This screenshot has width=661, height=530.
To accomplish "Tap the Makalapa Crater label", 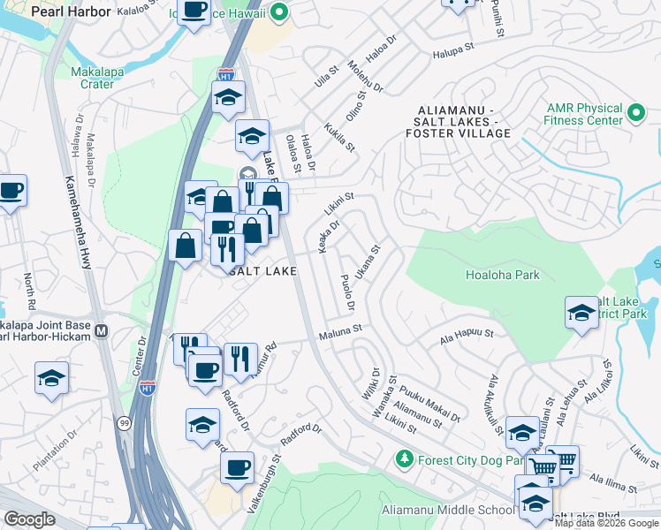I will click(x=92, y=78).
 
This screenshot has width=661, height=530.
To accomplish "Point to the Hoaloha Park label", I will click(x=502, y=275).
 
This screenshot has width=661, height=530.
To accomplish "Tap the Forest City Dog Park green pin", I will click(x=404, y=458).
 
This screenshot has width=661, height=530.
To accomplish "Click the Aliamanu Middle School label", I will click(x=447, y=511).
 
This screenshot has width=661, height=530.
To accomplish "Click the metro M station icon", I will click(x=101, y=331).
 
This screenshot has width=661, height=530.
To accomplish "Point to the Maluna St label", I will click(x=340, y=330).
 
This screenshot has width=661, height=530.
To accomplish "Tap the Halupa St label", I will click(x=454, y=55).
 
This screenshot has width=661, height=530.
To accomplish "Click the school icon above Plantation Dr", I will click(x=51, y=377).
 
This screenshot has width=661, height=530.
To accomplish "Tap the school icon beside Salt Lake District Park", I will click(x=581, y=312).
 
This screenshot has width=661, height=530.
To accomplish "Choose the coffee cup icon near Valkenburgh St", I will click(x=237, y=467).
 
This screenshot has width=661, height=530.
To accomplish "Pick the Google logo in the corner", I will click(x=30, y=519).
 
